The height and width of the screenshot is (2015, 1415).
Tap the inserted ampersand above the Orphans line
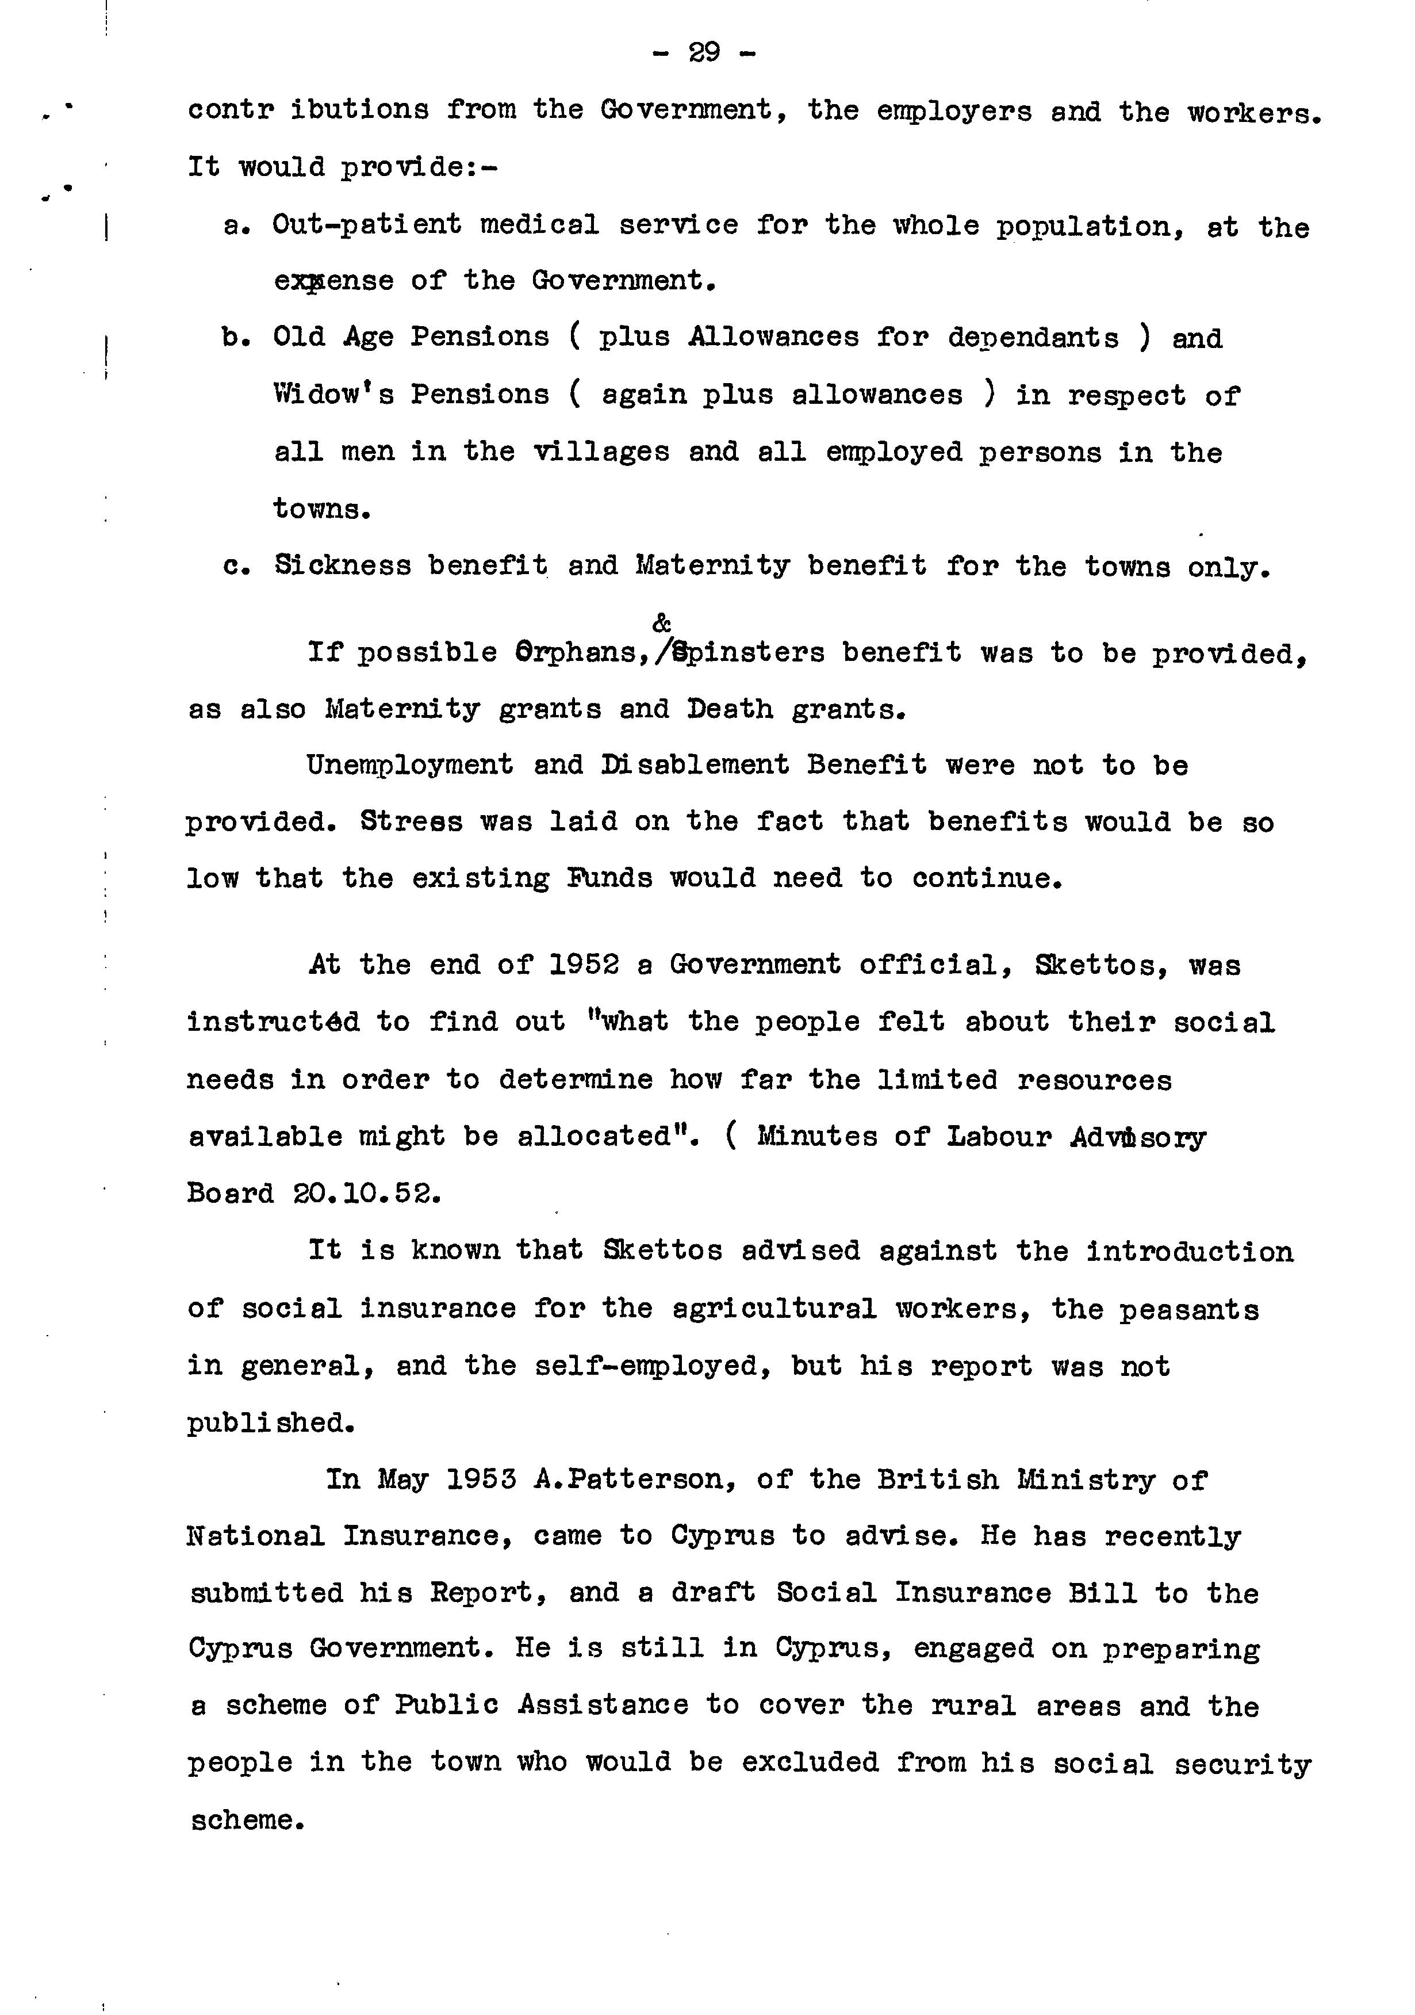(x=662, y=623)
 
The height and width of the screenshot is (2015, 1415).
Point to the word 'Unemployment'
(x=410, y=765)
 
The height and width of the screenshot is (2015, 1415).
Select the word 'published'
(x=270, y=1423)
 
